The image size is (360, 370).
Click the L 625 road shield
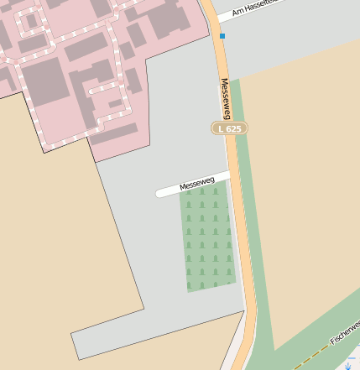[229, 128]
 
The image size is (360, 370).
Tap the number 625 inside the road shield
[234, 128]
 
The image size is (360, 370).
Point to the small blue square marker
[222, 36]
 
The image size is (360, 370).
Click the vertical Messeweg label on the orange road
[225, 99]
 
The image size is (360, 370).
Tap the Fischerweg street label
[344, 334]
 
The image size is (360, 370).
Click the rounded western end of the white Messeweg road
[160, 193]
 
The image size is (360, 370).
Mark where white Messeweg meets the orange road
[230, 175]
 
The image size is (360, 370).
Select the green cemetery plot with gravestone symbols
[207, 239]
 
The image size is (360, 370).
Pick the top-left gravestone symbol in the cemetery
[189, 192]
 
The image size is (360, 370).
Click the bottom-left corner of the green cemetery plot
[190, 291]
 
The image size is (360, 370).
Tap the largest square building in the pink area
[43, 79]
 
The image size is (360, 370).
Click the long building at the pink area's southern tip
[113, 133]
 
